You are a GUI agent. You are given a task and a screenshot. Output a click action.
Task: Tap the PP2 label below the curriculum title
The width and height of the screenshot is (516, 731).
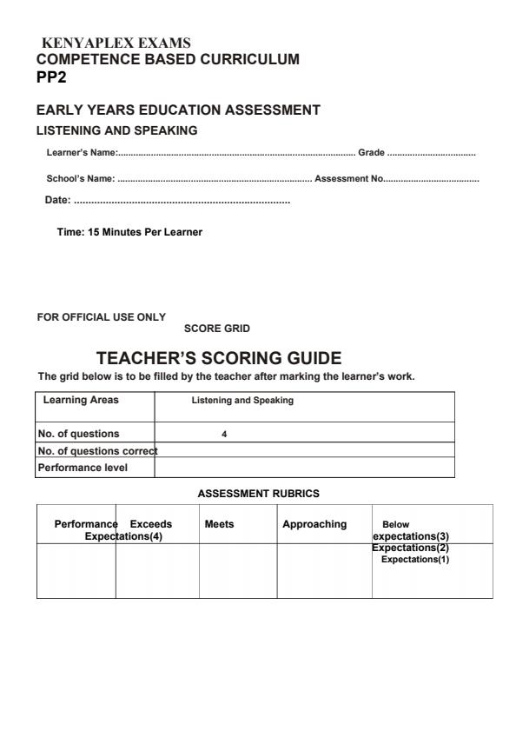pyautogui.click(x=50, y=76)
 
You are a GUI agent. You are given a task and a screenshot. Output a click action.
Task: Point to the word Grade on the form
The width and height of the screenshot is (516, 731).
pyautogui.click(x=371, y=153)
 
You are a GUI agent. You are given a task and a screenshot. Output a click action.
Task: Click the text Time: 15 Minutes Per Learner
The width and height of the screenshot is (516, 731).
pyautogui.click(x=129, y=232)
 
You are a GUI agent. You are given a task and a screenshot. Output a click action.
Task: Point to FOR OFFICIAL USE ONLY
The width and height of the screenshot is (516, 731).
pyautogui.click(x=101, y=316)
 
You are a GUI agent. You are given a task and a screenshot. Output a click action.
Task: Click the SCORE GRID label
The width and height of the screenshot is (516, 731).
pyautogui.click(x=217, y=329)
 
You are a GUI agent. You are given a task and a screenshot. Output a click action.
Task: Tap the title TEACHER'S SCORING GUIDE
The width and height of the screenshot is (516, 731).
pyautogui.click(x=219, y=357)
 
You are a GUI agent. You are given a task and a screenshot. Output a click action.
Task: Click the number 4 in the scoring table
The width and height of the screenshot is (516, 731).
pyautogui.click(x=224, y=434)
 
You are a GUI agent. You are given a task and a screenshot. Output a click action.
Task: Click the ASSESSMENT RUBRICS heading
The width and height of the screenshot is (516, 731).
pyautogui.click(x=259, y=494)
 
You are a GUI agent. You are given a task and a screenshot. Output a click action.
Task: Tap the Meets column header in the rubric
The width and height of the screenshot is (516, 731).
pyautogui.click(x=219, y=524)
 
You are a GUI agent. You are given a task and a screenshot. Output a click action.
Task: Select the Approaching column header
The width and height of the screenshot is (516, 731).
pyautogui.click(x=314, y=524)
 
